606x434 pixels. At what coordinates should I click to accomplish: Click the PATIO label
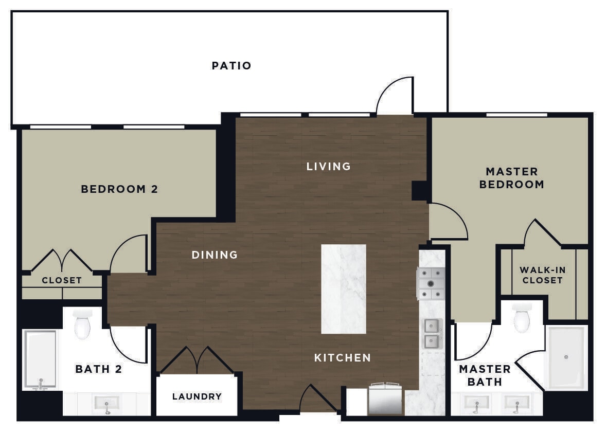coord(231,66)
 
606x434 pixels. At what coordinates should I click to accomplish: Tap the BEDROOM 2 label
coord(119,189)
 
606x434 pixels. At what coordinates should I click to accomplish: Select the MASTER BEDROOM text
coord(511,178)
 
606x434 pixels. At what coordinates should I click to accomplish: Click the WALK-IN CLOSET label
coord(541,275)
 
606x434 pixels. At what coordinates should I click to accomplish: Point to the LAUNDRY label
coord(197,396)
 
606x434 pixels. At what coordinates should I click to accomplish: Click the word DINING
coord(215,255)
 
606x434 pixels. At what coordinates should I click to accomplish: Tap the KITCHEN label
coord(343,357)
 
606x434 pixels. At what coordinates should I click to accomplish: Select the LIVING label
coord(328,166)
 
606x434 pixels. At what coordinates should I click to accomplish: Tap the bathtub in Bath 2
coord(40,359)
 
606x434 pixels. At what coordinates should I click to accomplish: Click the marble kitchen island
coord(344,289)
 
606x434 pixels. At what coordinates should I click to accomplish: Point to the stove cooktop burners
coord(431,283)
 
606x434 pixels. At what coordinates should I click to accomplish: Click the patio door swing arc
coord(394,96)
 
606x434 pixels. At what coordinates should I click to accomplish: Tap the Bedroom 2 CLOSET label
coord(62,280)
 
